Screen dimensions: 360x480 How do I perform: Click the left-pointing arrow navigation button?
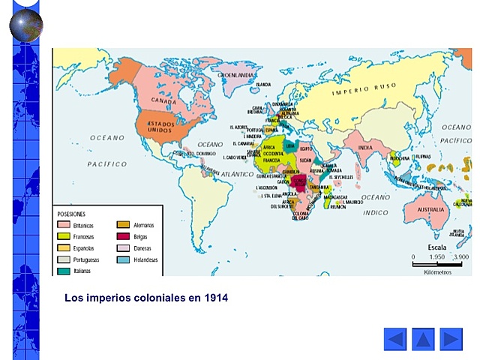[394, 339]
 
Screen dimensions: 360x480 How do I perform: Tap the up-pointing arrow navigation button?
[423, 339]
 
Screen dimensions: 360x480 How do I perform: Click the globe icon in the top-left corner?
[25, 22]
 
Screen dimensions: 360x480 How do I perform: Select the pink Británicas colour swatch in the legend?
[64, 225]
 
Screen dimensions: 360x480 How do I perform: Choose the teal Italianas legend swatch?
[64, 271]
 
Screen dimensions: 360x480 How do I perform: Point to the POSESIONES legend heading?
[71, 214]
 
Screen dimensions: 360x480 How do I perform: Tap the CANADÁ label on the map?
[163, 100]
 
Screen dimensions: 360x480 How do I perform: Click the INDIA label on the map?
[364, 147]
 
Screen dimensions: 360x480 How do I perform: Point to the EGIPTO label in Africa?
[305, 149]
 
